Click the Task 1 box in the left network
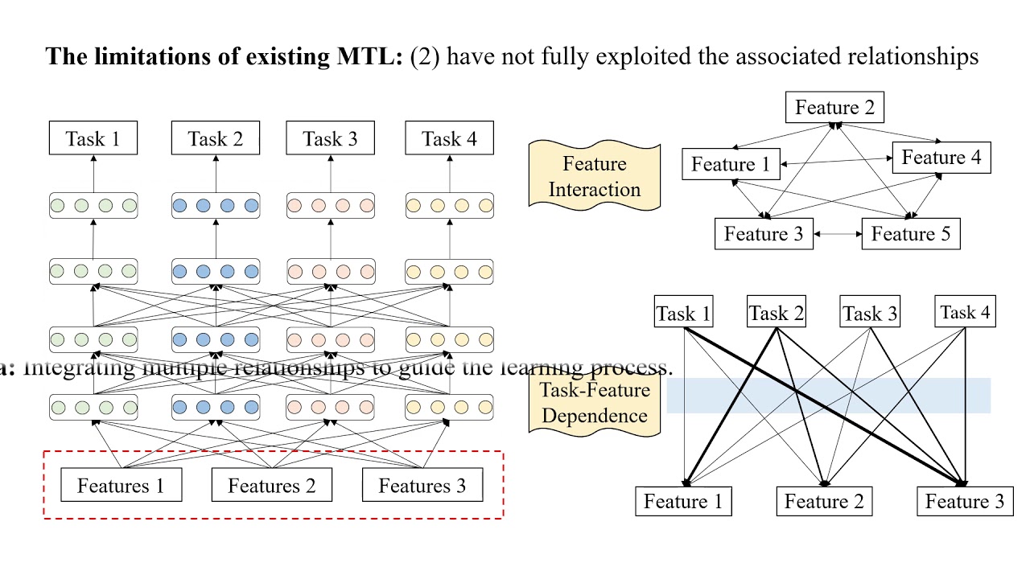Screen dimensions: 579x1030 (x=93, y=138)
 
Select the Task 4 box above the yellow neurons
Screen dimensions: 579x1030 (x=449, y=138)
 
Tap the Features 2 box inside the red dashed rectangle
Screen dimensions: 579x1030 (x=272, y=486)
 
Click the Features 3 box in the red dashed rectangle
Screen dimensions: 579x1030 (x=422, y=486)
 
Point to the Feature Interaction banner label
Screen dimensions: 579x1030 (x=594, y=176)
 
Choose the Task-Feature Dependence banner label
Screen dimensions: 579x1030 (x=594, y=403)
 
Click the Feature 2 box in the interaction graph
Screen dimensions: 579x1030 (x=834, y=108)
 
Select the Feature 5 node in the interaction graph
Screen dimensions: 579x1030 (x=910, y=234)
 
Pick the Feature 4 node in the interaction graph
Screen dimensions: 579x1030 (x=941, y=158)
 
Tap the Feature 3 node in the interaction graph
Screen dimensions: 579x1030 (x=764, y=234)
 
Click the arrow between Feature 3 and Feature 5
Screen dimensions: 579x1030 (x=837, y=234)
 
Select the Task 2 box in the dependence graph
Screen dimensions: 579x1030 (x=776, y=313)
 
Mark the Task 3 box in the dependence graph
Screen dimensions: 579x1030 (x=869, y=313)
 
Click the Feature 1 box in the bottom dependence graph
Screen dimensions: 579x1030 (x=683, y=502)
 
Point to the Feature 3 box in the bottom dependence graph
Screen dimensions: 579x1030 (x=964, y=502)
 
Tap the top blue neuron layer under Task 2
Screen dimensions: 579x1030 (x=216, y=206)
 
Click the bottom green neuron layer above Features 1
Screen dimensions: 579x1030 (x=93, y=408)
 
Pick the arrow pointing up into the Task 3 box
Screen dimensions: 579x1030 (x=331, y=173)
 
